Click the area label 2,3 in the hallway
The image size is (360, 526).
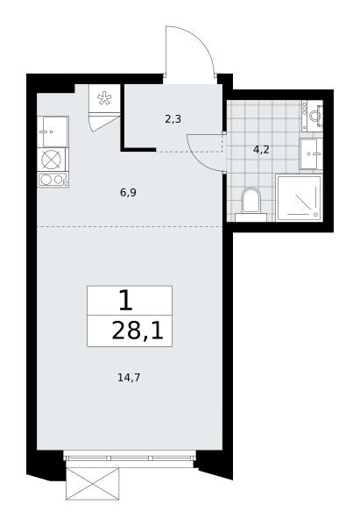point(173,118)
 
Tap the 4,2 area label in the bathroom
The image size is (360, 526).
point(261,150)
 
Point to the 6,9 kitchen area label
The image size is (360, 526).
point(129,193)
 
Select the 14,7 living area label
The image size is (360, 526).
point(129,378)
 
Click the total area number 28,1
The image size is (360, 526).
point(138,331)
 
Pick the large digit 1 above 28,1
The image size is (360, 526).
point(126,301)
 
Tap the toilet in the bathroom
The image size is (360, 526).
point(251,204)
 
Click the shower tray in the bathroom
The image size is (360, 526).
point(299,197)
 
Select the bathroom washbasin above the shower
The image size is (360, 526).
point(311,154)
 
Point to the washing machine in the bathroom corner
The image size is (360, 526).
point(313,116)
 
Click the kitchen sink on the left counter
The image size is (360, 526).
point(53,131)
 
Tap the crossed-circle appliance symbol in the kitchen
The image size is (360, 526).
point(52,160)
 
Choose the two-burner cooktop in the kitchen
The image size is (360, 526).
point(53,180)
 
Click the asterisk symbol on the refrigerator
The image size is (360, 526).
point(104,98)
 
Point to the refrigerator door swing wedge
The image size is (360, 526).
point(104,123)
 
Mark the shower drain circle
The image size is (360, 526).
point(315,214)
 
